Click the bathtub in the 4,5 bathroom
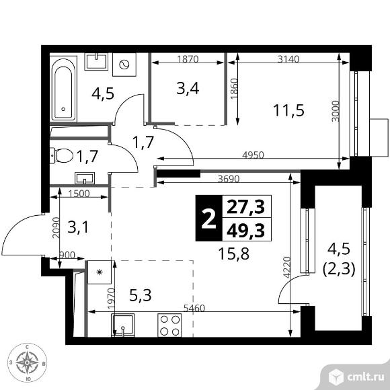pos(63,89)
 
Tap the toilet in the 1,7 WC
pos(62,156)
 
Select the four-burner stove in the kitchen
pos(169,325)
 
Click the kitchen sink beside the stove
pos(123,325)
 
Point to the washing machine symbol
pos(124,65)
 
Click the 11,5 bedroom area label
pos(288,110)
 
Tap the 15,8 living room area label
pos(233,254)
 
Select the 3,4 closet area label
pos(188,89)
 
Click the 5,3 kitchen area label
pos(141,295)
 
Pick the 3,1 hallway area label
pos(78,227)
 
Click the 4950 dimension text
pos(253,155)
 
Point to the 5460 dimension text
pos(194,308)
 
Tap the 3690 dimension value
pos(229,179)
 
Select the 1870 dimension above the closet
pos(188,59)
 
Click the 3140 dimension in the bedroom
pos(288,59)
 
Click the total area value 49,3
pos(245,231)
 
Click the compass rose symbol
pos(27,362)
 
